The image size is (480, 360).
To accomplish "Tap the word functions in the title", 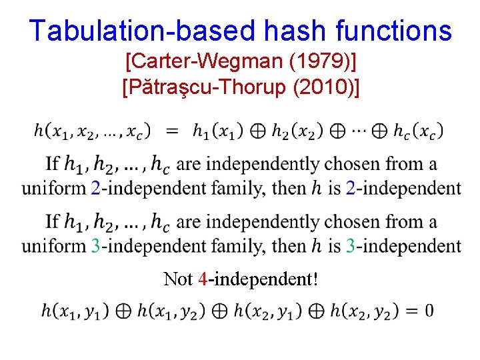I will point(394,30).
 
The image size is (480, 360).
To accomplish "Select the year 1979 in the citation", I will point(321,63).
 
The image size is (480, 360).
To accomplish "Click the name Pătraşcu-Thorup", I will point(205,87).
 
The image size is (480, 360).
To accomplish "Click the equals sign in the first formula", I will point(172,131).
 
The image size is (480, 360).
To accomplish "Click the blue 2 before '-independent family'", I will point(96,188).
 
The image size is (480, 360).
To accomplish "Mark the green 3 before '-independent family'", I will point(96,246).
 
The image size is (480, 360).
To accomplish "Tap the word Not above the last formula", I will point(177,279).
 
